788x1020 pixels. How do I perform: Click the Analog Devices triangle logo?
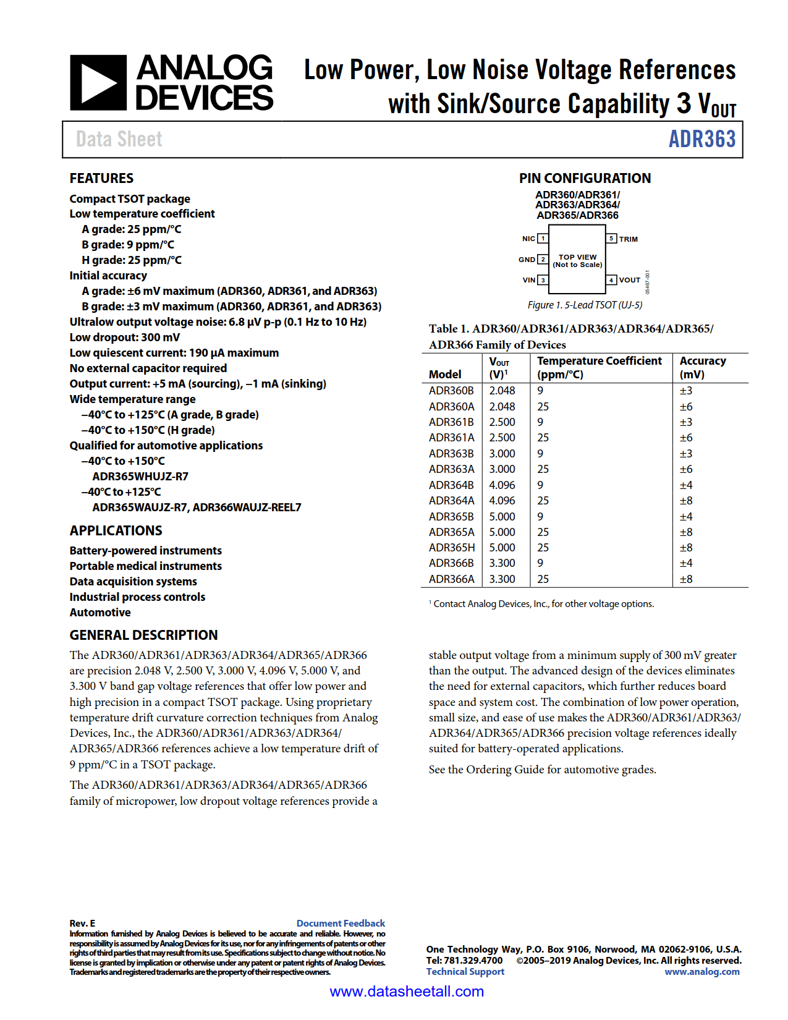click(98, 83)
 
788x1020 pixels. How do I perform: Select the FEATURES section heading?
click(101, 178)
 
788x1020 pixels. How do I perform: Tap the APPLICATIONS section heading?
click(116, 530)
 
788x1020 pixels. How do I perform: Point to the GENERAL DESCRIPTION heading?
click(143, 635)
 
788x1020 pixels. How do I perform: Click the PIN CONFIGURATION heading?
click(585, 178)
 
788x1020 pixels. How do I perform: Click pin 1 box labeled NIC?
click(543, 239)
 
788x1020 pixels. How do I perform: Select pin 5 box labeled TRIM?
click(611, 239)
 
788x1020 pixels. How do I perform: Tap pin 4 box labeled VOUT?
click(611, 280)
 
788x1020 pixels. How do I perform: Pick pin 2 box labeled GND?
click(543, 260)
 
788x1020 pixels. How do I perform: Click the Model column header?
click(445, 374)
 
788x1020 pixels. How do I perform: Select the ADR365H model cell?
click(452, 548)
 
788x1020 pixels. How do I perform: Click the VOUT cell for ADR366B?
click(502, 563)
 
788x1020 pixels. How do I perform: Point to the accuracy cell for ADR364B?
click(686, 485)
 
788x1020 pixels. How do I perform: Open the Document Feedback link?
click(341, 923)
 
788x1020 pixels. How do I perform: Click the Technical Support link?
click(465, 972)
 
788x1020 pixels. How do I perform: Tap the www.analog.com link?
click(701, 972)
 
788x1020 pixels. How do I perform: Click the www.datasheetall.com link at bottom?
click(407, 992)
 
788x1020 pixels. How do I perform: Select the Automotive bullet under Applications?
click(100, 613)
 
